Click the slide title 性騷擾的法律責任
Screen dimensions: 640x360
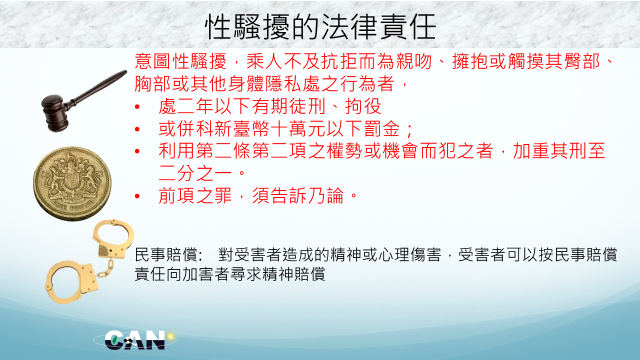(320, 26)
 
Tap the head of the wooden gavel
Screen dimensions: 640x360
(55, 113)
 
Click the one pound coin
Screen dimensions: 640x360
(72, 183)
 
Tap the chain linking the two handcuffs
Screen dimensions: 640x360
(105, 269)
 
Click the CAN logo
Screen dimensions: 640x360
(135, 340)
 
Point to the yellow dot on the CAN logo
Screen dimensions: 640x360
(170, 336)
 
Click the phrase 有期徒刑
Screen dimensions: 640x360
(289, 106)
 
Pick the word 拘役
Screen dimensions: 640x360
(363, 106)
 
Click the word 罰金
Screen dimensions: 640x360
(381, 128)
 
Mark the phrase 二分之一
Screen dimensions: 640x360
(195, 173)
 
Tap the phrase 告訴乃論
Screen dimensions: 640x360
(307, 195)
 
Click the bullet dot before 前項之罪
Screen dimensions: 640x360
(137, 196)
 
